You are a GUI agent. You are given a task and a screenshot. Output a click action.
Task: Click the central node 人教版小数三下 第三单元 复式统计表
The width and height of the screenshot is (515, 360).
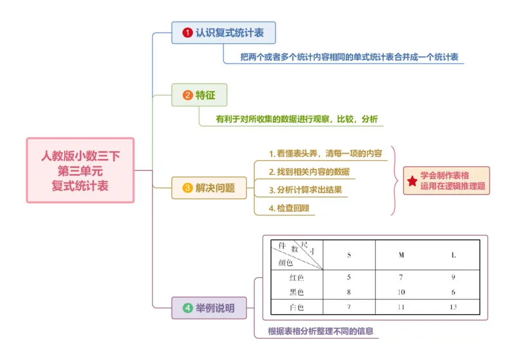click(x=80, y=170)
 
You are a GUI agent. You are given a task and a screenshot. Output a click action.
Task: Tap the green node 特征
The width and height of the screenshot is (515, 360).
click(x=200, y=95)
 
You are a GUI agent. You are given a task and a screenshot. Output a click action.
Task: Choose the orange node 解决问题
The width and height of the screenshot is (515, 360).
click(x=209, y=188)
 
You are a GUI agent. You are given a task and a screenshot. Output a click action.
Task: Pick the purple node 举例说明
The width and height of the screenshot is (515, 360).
click(x=209, y=308)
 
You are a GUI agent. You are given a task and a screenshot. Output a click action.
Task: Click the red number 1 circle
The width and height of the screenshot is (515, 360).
click(x=187, y=32)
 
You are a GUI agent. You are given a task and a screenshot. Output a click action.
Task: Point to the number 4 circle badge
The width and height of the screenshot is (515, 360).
click(x=187, y=308)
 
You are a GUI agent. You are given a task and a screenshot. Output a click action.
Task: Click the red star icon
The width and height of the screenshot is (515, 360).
click(x=411, y=181)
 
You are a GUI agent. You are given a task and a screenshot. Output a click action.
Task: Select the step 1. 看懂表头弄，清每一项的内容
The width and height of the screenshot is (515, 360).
click(x=325, y=154)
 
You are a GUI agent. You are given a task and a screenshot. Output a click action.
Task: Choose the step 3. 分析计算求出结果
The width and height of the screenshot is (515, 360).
click(x=305, y=190)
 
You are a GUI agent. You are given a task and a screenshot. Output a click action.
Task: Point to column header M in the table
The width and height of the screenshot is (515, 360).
click(x=401, y=255)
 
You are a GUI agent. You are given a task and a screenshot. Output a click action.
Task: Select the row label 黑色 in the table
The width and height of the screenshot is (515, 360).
click(x=296, y=292)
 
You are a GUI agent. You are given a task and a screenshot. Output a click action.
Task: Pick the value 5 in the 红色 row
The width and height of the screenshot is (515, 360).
click(x=349, y=278)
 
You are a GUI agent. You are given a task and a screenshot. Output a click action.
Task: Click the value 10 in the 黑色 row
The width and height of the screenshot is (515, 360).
click(x=401, y=292)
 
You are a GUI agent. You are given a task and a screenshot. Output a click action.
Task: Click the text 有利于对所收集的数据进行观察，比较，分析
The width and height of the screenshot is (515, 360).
click(x=297, y=119)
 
